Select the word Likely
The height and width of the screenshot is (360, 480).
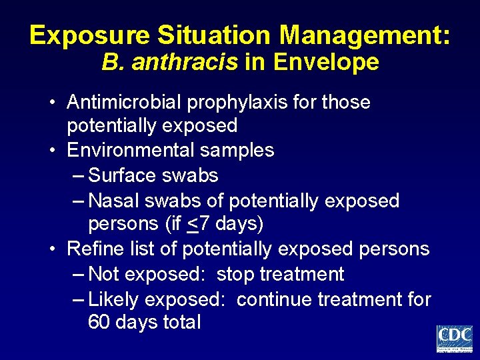pyautogui.click(x=113, y=299)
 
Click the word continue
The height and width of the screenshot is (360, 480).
pyautogui.click(x=274, y=299)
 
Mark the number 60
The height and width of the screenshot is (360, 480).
pyautogui.click(x=99, y=323)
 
